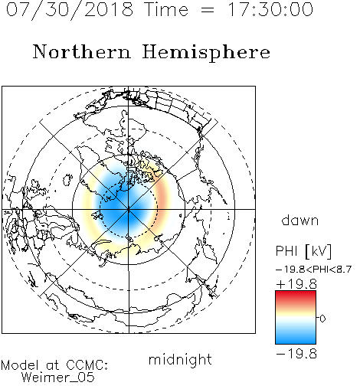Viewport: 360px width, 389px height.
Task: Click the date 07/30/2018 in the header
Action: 70,10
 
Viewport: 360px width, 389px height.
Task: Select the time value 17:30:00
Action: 270,9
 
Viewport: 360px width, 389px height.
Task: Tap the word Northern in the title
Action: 82,52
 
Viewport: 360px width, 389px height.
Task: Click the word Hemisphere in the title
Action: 206,53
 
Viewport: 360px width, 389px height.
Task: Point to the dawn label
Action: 300,221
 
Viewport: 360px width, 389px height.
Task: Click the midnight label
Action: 180,360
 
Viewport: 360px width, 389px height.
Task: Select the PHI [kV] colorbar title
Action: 304,251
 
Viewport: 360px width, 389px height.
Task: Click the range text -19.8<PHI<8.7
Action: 314,270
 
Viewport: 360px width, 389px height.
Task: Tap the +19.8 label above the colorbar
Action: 296,284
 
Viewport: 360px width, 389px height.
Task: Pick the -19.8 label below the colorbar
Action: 296,354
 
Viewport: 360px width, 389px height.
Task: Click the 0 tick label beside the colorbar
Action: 322,319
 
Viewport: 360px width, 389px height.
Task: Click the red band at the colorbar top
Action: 296,296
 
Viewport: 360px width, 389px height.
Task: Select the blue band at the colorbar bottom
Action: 296,339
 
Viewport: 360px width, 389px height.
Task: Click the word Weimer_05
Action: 58,378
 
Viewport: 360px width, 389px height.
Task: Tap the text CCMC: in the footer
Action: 87,365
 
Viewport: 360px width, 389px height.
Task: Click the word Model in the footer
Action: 20,365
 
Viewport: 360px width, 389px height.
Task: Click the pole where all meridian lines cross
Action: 129,210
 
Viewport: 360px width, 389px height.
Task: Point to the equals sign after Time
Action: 208,10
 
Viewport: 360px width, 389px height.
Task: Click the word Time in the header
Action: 166,10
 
